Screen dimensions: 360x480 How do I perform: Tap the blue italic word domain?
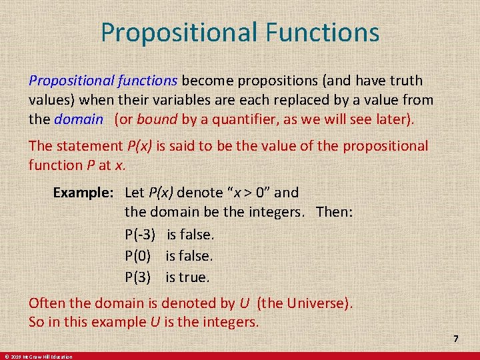(x=79, y=120)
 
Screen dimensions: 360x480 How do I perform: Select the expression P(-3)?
(x=140, y=235)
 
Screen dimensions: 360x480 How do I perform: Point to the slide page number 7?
(x=456, y=339)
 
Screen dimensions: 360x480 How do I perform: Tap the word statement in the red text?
(x=89, y=145)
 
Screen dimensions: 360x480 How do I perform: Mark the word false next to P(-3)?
(x=198, y=235)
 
